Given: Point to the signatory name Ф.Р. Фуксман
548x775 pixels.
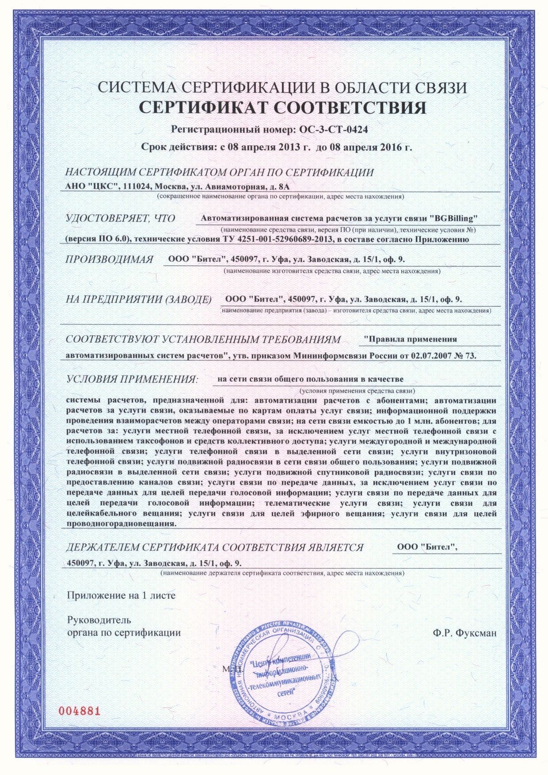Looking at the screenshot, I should pyautogui.click(x=465, y=633).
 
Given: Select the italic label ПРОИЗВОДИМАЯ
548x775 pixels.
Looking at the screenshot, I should pyautogui.click(x=109, y=259).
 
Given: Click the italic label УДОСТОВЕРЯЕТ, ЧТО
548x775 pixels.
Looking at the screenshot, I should pyautogui.click(x=120, y=218).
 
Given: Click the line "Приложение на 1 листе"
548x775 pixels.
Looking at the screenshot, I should pyautogui.click(x=121, y=595).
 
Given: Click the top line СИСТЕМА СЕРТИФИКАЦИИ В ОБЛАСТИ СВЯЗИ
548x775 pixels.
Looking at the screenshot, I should pyautogui.click(x=282, y=87).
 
